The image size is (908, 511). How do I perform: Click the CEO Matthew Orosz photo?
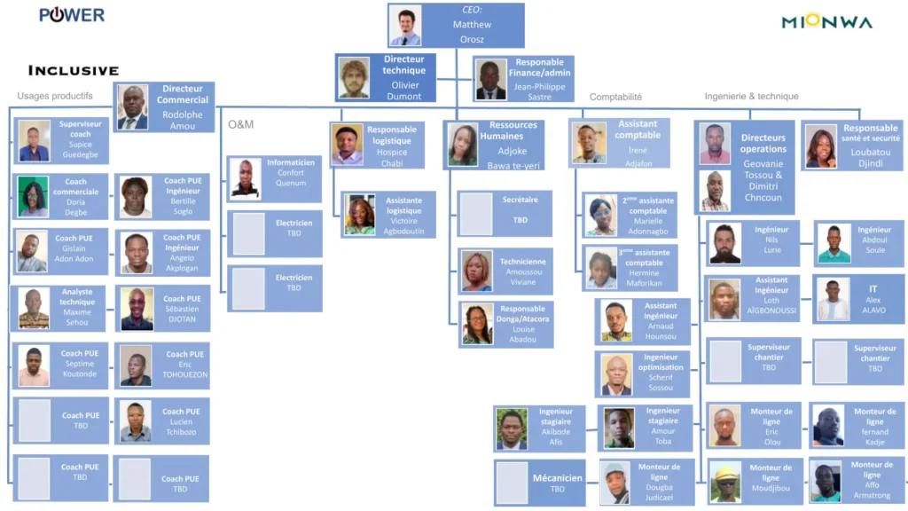(405, 26)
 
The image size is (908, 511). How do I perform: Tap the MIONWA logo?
(826, 21)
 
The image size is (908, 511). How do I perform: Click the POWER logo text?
(72, 15)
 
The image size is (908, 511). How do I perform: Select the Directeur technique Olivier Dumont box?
(386, 78)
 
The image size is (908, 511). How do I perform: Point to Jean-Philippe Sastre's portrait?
(489, 80)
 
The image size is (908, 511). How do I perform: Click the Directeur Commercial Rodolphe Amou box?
(164, 107)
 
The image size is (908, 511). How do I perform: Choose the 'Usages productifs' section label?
(55, 96)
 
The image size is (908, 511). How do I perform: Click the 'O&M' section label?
(240, 124)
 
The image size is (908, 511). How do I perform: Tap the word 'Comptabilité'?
(615, 97)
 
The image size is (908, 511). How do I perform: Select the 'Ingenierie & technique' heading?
(751, 96)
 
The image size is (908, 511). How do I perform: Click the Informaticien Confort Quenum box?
(274, 178)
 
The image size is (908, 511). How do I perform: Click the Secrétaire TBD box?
(505, 213)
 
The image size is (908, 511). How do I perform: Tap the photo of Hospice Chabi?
(348, 145)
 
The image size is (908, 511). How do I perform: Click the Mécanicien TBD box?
(538, 483)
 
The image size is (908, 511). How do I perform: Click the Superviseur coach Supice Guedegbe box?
(63, 140)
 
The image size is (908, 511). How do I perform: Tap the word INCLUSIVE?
(74, 70)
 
